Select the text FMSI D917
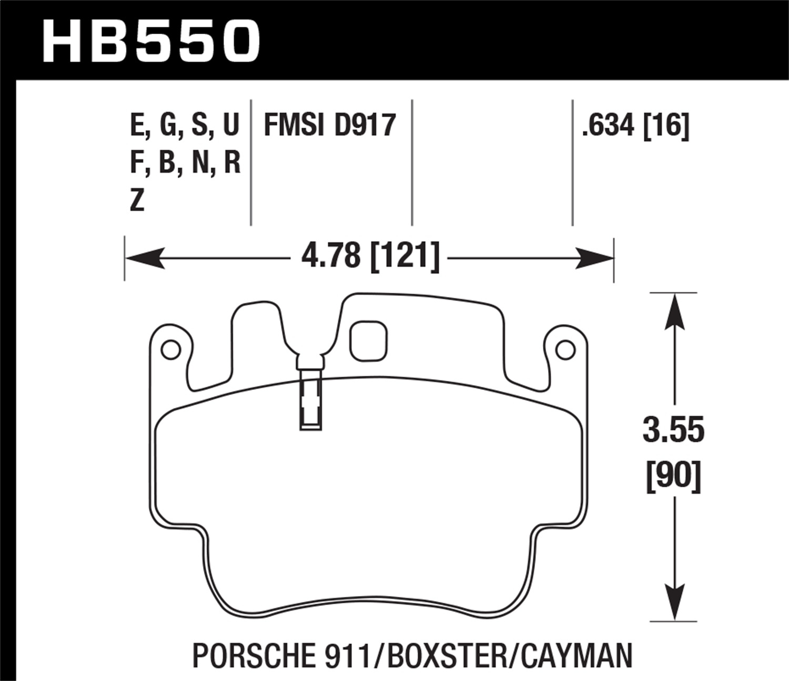329,126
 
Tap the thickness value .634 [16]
635,126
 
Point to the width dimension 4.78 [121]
370,257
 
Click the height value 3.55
673,430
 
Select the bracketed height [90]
673,476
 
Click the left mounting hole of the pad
170,350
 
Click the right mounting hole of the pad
565,350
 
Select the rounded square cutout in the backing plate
368,341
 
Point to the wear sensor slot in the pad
310,402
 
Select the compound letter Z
137,201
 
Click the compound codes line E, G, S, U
184,126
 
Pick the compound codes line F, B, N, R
185,163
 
